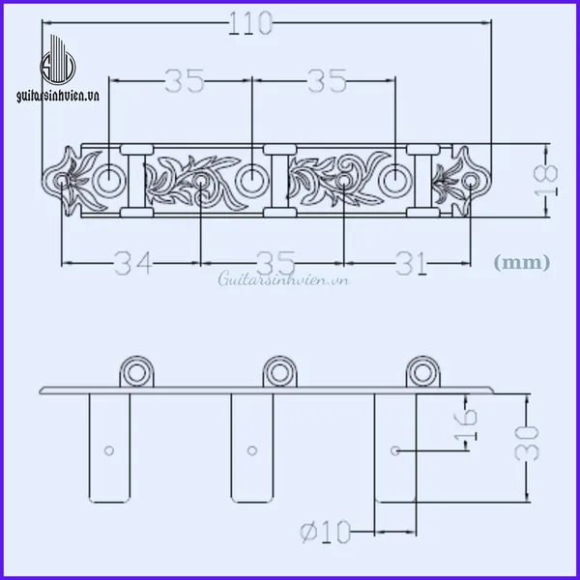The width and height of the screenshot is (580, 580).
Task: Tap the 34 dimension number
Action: pos(132,262)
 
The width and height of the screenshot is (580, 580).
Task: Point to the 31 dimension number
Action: pos(415,262)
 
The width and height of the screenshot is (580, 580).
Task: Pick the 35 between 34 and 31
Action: pos(274,262)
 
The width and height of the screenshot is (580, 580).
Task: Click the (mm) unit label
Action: pos(521,261)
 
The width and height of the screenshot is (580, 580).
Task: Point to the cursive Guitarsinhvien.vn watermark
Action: pos(282,279)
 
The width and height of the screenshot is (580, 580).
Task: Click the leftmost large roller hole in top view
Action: pos(109,179)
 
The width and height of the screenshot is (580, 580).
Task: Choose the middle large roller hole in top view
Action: pos(251,179)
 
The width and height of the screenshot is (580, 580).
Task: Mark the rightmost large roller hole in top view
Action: pos(396,179)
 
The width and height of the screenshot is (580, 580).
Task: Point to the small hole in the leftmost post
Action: pos(109,449)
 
